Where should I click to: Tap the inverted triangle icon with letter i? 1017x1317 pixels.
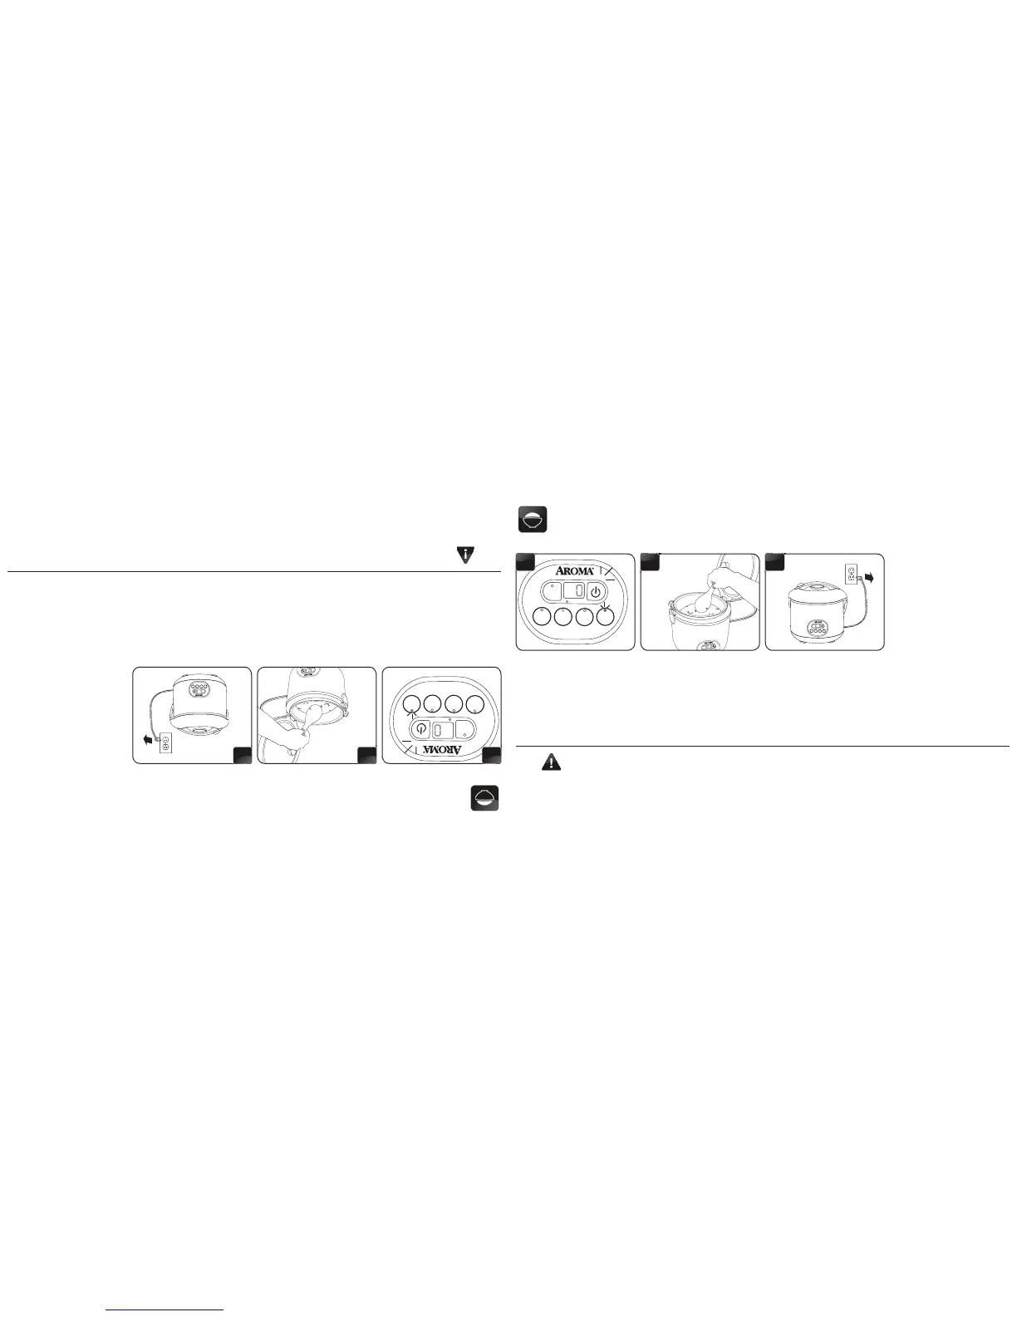pyautogui.click(x=467, y=556)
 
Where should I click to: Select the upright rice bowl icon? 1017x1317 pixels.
pyautogui.click(x=533, y=520)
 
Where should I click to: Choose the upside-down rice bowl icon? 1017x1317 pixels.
pyautogui.click(x=484, y=798)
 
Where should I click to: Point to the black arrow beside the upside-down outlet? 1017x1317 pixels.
pyautogui.click(x=148, y=738)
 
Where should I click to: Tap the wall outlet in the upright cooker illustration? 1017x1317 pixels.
pyautogui.click(x=852, y=573)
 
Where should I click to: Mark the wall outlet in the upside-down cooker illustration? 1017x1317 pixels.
pyautogui.click(x=165, y=744)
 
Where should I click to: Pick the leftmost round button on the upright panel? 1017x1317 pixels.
pyautogui.click(x=541, y=617)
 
